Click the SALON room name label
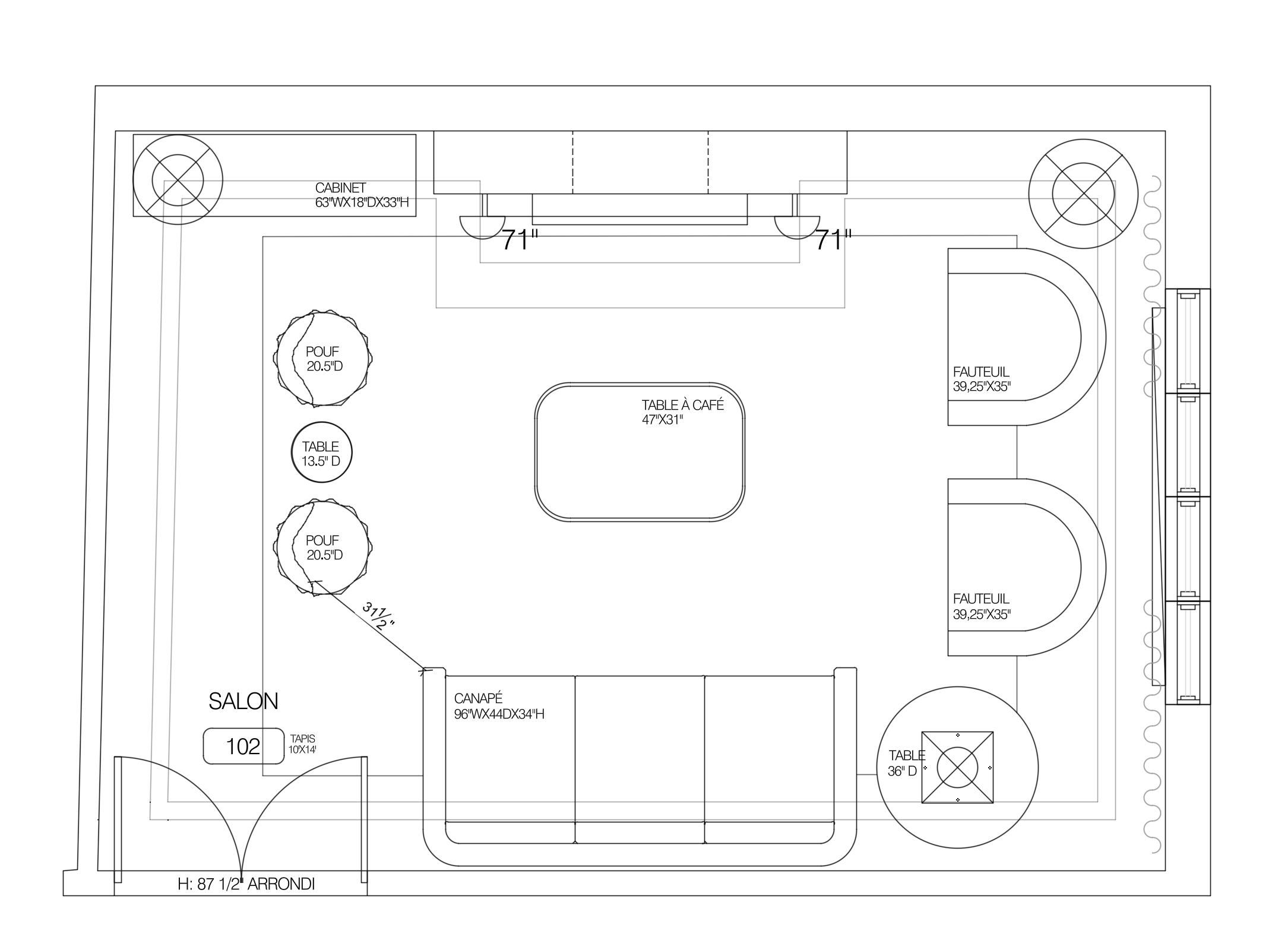pos(243,701)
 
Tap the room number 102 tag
pos(243,746)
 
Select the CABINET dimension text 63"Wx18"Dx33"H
pos(362,202)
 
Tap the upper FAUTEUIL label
pos(981,372)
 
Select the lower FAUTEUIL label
pos(981,599)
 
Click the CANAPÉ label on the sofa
pos(478,698)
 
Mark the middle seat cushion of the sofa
pos(640,748)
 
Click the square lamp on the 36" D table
pos(957,767)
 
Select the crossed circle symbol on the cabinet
pos(178,180)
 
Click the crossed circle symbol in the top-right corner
pos(1083,194)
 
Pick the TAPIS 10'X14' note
pos(303,743)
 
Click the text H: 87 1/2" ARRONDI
pos(246,884)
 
